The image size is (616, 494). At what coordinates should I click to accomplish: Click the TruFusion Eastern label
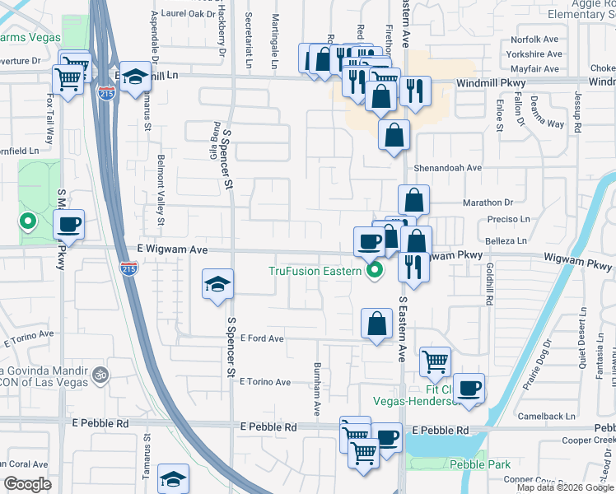(315, 271)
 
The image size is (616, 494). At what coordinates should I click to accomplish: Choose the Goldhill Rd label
(488, 285)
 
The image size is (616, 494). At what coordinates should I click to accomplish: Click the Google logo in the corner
(27, 484)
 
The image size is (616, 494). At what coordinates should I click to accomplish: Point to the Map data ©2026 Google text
(565, 487)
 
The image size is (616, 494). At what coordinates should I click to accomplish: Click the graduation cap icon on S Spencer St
(217, 284)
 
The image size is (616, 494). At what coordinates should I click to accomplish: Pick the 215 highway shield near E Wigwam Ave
(128, 268)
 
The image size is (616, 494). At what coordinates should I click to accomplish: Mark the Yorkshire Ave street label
(534, 54)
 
